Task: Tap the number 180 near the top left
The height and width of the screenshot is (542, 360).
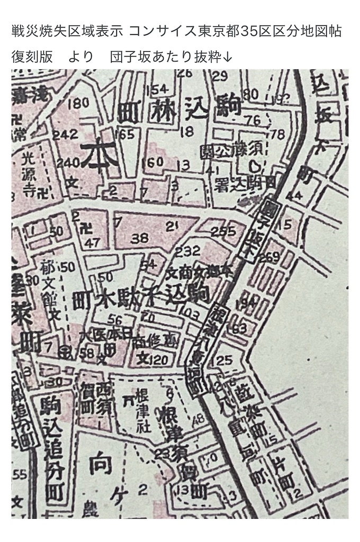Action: (78, 103)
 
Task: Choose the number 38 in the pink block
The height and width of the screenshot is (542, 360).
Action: (140, 239)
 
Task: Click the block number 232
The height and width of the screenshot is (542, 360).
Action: (188, 250)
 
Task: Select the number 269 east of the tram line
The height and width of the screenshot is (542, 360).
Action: (269, 258)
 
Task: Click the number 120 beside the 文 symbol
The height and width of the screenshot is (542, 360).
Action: (158, 361)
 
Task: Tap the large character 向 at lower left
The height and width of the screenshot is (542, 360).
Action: (99, 466)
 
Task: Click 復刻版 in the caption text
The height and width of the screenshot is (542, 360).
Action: (32, 57)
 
